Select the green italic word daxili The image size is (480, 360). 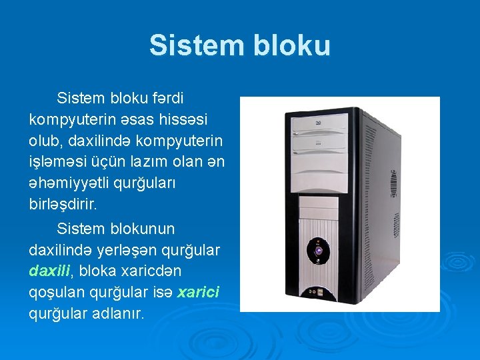click(50, 271)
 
